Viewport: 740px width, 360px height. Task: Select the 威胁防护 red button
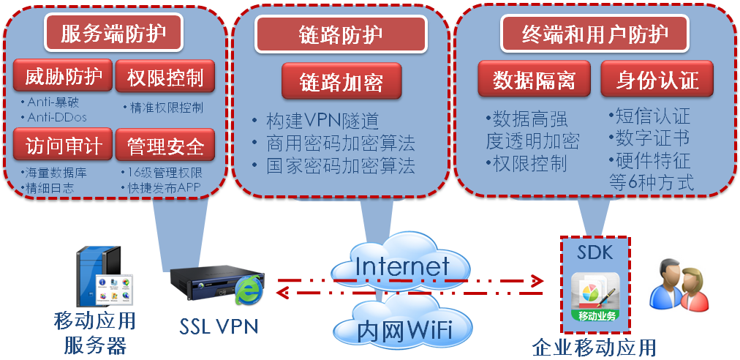tap(63, 76)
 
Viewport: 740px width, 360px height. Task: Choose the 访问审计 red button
tap(63, 144)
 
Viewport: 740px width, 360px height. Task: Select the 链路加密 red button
tap(341, 81)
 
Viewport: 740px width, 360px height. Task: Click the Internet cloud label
tap(401, 266)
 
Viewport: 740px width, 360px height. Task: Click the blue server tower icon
tap(97, 274)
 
